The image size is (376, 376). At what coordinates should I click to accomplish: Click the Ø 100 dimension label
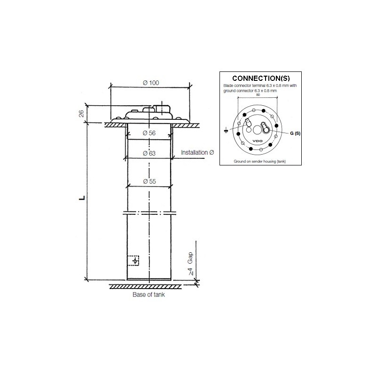point(150,83)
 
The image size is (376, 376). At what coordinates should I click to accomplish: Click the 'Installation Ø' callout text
point(198,153)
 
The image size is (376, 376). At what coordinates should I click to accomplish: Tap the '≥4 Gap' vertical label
point(190,266)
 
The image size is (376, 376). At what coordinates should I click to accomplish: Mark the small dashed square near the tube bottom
point(134,260)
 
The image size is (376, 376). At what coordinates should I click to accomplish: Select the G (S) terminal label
point(294,133)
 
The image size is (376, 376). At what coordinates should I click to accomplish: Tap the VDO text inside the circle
point(258,141)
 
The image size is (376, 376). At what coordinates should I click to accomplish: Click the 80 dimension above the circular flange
point(258,94)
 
